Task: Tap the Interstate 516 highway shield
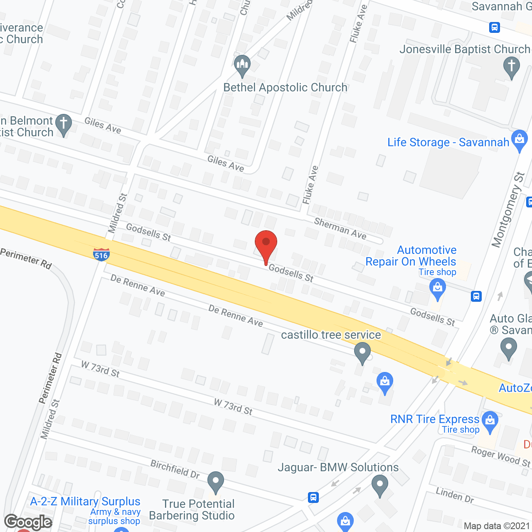tap(101, 255)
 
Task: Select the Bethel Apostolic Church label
tap(285, 88)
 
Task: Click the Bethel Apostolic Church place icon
tap(242, 65)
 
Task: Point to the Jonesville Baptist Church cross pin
tap(511, 67)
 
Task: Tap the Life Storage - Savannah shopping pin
tap(519, 140)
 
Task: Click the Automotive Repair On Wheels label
tap(411, 256)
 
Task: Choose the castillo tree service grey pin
tap(362, 352)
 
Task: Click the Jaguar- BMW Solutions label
tap(338, 468)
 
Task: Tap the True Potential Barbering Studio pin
tap(215, 482)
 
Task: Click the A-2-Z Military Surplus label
tap(85, 502)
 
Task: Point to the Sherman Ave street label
tap(340, 229)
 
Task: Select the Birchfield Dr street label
tap(175, 469)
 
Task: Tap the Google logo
tap(28, 522)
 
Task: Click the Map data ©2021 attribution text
tap(497, 526)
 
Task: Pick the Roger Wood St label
tap(500, 456)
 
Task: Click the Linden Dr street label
tap(455, 495)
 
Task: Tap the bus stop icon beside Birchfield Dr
tap(313, 497)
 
